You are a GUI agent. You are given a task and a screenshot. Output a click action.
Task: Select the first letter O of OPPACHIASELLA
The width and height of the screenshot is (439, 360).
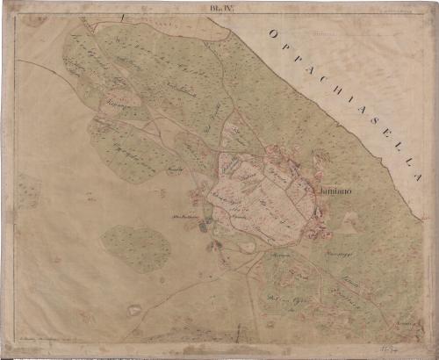coord(274,34)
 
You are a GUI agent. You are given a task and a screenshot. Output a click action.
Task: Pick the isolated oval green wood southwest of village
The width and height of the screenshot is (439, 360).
coord(136,248)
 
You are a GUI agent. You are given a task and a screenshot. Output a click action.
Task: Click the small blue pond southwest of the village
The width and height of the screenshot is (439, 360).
coord(204,227)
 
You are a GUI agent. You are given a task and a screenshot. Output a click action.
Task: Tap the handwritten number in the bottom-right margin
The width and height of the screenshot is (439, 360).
coord(407,348)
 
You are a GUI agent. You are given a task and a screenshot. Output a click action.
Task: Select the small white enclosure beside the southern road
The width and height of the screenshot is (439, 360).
coord(134,309)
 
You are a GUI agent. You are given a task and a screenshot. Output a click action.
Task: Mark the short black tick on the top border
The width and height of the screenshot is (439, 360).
coord(126,16)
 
